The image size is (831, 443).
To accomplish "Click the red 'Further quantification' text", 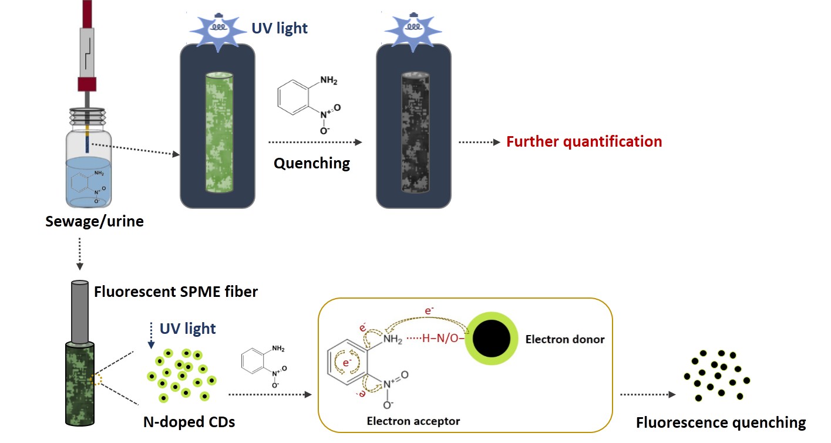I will coord(584,141).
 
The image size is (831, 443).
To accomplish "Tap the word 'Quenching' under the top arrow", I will coord(311,163).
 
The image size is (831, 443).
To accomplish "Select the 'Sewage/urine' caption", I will coord(94,222).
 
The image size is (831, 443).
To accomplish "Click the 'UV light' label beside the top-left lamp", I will coord(280,28).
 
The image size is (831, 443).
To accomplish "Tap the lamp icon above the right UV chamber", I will coord(413,28).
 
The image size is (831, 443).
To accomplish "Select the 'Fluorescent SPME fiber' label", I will coord(176,291).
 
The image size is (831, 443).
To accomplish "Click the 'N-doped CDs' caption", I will coord(189,421).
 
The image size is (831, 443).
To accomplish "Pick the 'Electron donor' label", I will coord(564,339).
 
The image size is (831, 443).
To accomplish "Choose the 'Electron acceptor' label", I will coord(413,421).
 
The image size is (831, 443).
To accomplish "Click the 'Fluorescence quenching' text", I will coord(721,422).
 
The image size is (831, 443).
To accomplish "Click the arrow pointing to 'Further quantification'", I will coord(479,142).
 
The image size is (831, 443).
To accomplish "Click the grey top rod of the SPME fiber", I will coord(80,312).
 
